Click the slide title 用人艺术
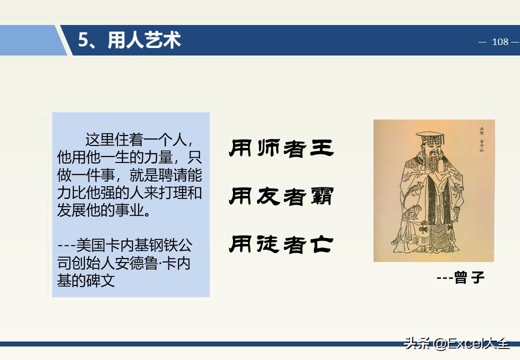(x=144, y=40)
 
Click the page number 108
(x=500, y=42)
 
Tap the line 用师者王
(x=281, y=148)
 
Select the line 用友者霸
(x=281, y=196)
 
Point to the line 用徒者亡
(x=281, y=244)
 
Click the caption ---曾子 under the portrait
(x=460, y=278)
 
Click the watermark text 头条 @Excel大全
(x=457, y=343)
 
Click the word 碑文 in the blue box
(x=100, y=280)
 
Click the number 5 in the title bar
(x=83, y=40)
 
